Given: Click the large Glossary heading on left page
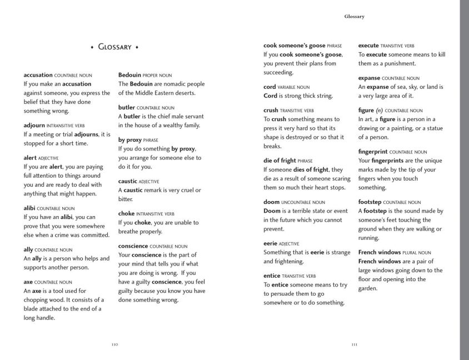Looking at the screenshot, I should [x=114, y=47].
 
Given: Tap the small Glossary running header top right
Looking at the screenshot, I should [x=354, y=17].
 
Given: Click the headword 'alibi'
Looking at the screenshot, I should [x=29, y=208].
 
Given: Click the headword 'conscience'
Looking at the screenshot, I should [x=133, y=246].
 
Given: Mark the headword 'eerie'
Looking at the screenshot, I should [x=271, y=243].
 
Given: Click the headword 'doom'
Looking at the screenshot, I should [x=271, y=202].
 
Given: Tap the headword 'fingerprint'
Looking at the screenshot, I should [x=373, y=151].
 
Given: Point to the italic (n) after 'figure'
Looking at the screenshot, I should [x=380, y=110].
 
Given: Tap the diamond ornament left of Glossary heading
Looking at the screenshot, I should [x=92, y=48].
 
